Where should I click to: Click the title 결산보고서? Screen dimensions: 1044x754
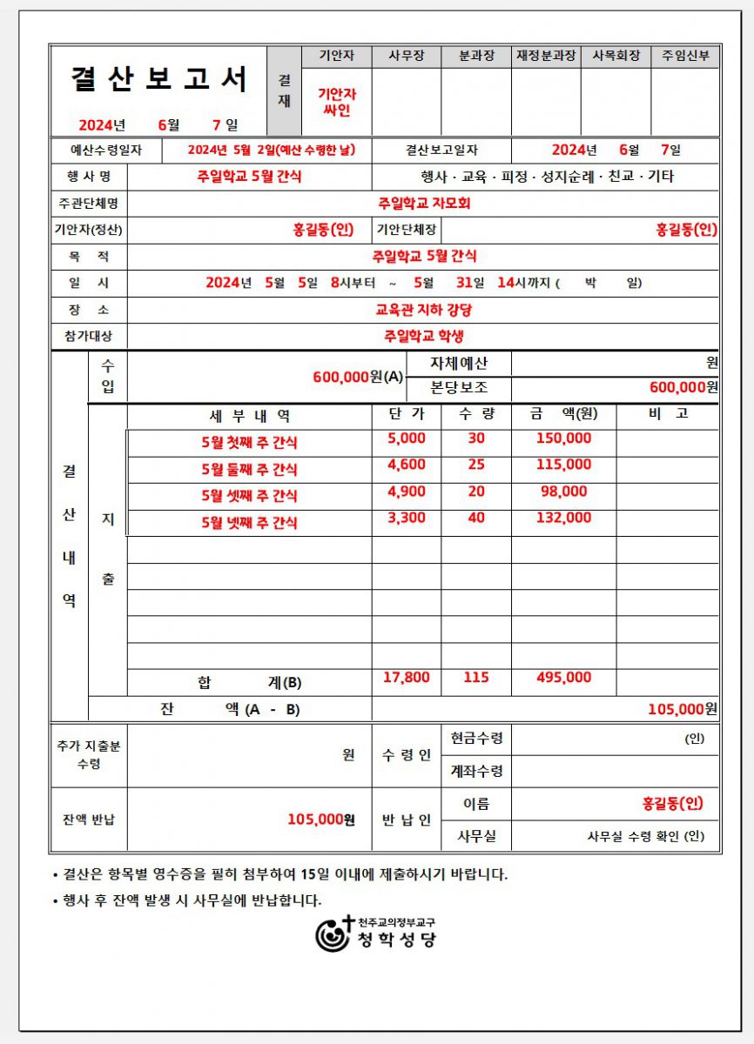[x=158, y=79]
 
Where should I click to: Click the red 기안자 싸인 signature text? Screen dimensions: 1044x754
[x=336, y=102]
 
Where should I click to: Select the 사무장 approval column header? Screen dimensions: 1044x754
[x=407, y=57]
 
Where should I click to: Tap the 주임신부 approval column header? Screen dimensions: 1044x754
[x=685, y=57]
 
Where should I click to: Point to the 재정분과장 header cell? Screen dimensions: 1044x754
[x=546, y=57]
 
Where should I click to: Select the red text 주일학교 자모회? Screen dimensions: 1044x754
[x=424, y=204]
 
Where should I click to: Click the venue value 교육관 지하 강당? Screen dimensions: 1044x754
[x=424, y=310]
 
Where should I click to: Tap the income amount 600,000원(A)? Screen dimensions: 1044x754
[x=358, y=377]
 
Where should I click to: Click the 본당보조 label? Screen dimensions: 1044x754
[x=459, y=387]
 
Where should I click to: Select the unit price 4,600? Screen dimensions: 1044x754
[x=407, y=465]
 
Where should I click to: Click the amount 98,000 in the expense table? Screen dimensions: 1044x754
[x=563, y=492]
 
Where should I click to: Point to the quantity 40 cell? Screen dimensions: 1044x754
[x=476, y=518]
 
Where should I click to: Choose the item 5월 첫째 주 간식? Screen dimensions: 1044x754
[x=249, y=442]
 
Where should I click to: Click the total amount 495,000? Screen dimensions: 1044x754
[x=563, y=678]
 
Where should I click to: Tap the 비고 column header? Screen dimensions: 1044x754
[x=668, y=414]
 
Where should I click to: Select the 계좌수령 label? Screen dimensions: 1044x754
[x=476, y=771]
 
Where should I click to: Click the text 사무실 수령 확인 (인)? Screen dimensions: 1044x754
[x=645, y=837]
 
